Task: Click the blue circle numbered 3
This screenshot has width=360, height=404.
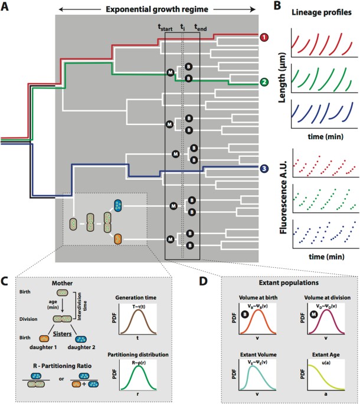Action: point(266,170)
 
